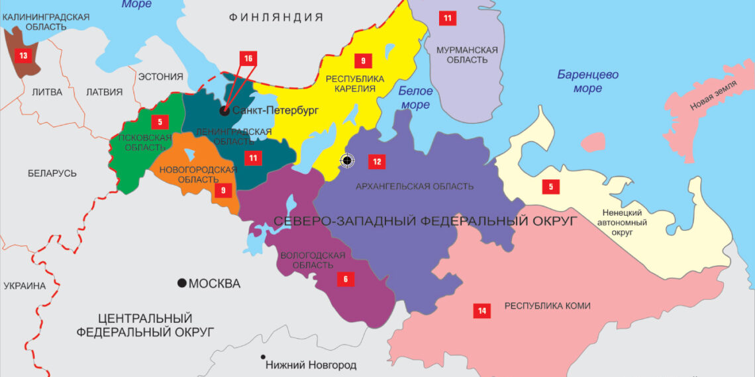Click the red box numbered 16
click(x=248, y=59)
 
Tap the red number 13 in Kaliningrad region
click(x=23, y=56)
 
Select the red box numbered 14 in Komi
click(x=481, y=310)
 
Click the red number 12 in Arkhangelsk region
click(x=376, y=161)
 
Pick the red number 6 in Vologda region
click(x=345, y=279)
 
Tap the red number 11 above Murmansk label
click(x=448, y=18)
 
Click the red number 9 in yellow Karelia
click(x=363, y=61)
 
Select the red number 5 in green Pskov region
click(x=160, y=122)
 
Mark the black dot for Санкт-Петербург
click(x=225, y=110)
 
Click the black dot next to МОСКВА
click(x=181, y=284)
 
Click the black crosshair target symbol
click(x=346, y=160)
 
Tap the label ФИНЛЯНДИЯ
click(x=276, y=17)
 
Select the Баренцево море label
click(x=587, y=81)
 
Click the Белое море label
click(x=416, y=98)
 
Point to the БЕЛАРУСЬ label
click(x=52, y=173)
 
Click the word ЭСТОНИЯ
click(x=160, y=76)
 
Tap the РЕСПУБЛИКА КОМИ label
click(x=547, y=306)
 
